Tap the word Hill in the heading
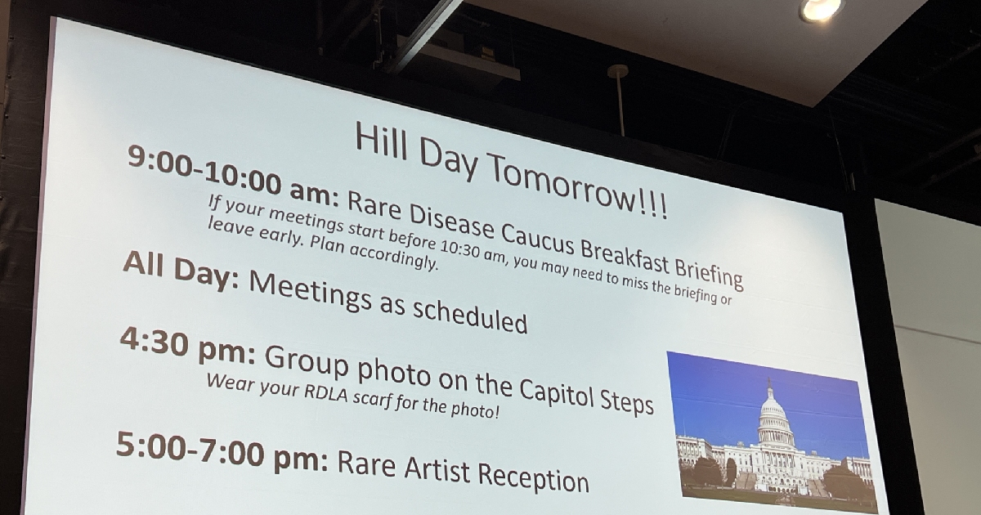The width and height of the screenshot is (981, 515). coord(381,141)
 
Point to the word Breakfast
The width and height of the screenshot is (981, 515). coord(625,256)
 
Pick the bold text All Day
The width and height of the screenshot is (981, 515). coord(181,271)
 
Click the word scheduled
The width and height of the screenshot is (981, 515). coord(470,316)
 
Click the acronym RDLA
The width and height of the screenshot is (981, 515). coord(326,395)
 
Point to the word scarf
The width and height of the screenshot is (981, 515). coord(372,401)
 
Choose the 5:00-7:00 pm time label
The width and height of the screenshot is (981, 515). coord(222,451)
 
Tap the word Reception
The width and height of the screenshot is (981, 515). coord(533,477)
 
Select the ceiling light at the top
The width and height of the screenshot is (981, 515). coord(820,10)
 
